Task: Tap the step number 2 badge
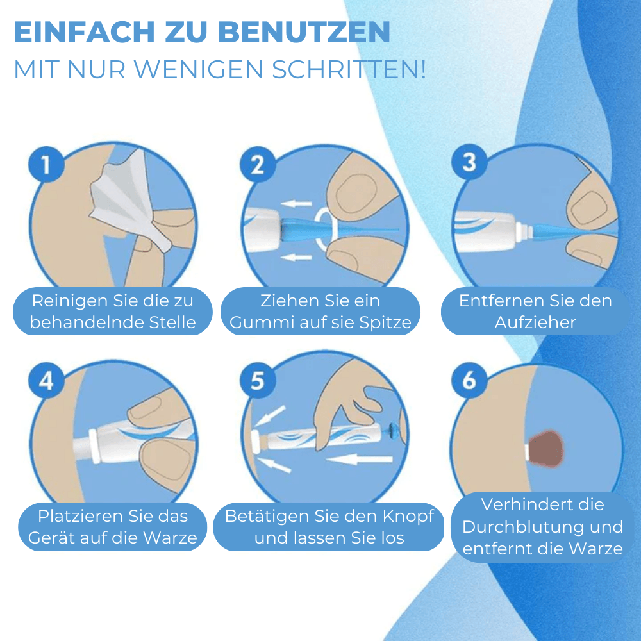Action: coord(257,165)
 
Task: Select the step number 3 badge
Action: coord(469,163)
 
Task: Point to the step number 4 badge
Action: coord(46,381)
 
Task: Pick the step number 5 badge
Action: coord(257,381)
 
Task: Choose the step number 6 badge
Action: coord(469,381)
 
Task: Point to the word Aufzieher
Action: coord(535,322)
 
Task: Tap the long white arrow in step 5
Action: coord(362,458)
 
